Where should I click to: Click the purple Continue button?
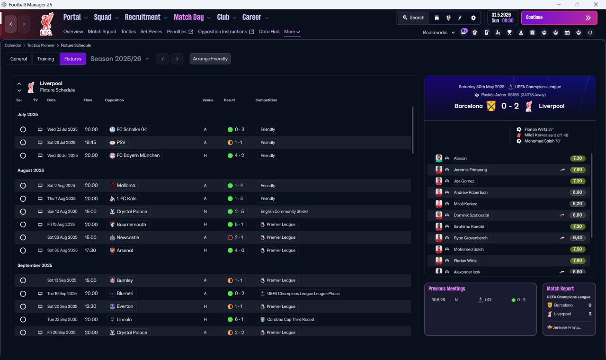pos(559,18)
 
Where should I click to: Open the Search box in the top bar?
pos(414,18)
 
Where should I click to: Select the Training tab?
pos(45,59)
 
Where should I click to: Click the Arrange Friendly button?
pos(210,59)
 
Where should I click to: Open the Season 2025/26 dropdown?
pos(120,59)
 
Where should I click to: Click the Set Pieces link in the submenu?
pos(151,32)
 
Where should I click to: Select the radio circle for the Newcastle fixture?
pos(23,237)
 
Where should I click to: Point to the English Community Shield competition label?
pos(284,211)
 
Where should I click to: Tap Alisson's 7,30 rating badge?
pos(578,158)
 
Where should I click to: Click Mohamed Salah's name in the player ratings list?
pos(469,249)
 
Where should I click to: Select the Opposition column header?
pos(114,100)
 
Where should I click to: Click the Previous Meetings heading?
pos(446,288)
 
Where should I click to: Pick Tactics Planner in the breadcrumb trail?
pos(41,45)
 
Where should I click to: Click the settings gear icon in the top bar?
pos(473,18)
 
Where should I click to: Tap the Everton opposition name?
pos(125,306)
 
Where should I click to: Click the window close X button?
pos(596,4)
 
